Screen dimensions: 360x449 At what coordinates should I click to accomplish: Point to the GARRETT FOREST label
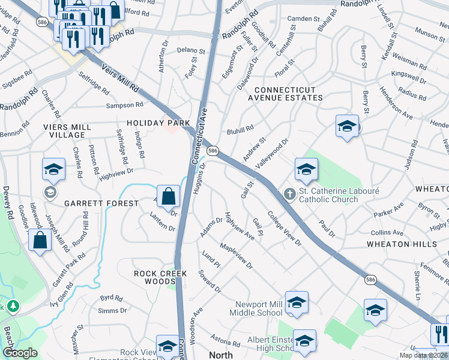[x=103, y=203]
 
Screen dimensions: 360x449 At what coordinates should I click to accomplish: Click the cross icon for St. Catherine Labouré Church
[x=289, y=194]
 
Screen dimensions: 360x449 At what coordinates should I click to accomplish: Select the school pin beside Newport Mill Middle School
[x=297, y=304]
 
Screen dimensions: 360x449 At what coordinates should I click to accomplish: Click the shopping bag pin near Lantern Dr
[x=170, y=195]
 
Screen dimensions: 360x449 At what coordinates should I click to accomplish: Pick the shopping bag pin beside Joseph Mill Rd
[x=40, y=241]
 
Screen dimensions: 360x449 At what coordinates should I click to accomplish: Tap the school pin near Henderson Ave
[x=347, y=127]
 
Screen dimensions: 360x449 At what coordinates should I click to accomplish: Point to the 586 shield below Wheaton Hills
[x=372, y=280]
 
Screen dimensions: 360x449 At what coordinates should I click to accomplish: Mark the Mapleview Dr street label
[x=236, y=255]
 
